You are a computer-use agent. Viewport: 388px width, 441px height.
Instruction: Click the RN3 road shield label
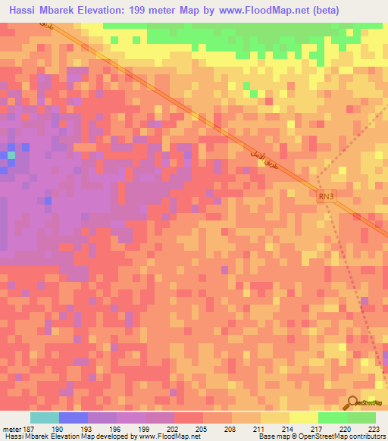(x=325, y=196)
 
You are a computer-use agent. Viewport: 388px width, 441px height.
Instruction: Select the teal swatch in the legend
(x=45, y=418)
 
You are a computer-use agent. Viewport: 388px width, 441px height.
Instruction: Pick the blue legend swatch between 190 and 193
(x=74, y=418)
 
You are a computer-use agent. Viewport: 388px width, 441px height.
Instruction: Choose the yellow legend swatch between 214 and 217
(x=304, y=418)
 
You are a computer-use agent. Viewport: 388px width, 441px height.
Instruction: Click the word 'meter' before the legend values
(x=11, y=429)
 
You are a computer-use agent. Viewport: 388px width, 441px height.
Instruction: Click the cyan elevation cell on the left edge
(x=11, y=155)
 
